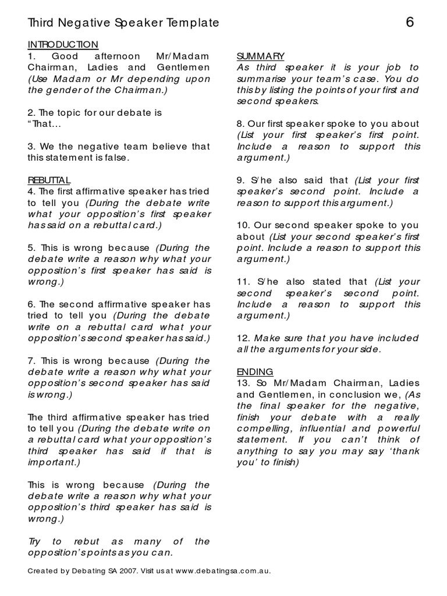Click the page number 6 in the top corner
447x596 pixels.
[410, 23]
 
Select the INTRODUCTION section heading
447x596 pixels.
[63, 45]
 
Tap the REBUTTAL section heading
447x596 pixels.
[49, 180]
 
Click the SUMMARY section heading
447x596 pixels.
[260, 56]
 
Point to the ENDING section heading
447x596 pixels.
[255, 372]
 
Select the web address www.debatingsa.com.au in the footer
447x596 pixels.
[222, 571]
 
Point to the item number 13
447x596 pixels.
[243, 383]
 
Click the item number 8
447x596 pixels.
[240, 124]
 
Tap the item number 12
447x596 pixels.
[243, 338]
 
